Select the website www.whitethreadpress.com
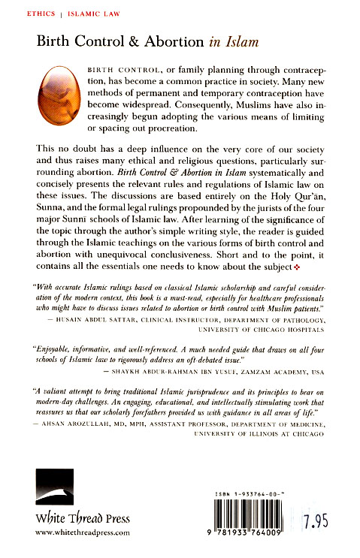(83, 532)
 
